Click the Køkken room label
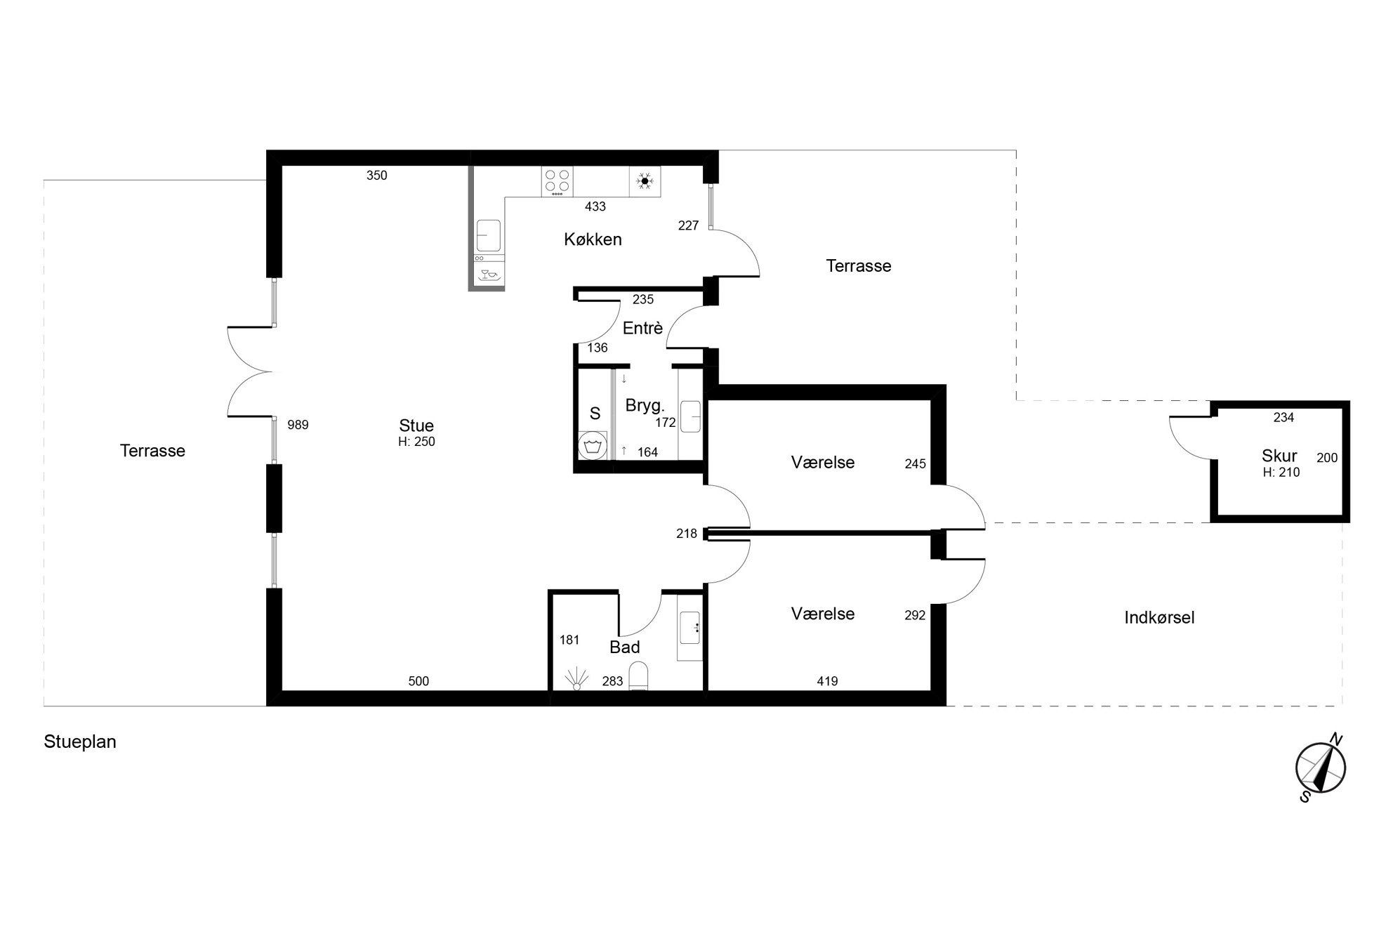point(593,239)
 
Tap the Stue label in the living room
point(416,426)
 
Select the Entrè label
point(642,328)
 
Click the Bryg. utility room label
point(645,406)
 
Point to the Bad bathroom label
point(624,647)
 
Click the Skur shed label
point(1279,456)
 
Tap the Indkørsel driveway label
point(1159,618)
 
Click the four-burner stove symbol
point(557,181)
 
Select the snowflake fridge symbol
point(645,181)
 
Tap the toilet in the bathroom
point(639,676)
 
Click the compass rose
point(1320,767)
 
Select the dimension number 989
point(298,425)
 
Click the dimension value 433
point(595,206)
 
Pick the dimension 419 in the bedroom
point(827,681)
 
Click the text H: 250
point(416,442)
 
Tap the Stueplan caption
point(80,742)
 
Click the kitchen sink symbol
point(489,236)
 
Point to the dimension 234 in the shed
point(1283,418)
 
